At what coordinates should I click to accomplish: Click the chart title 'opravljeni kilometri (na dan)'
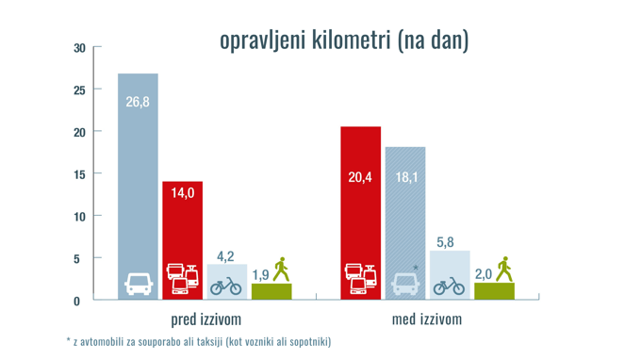click(343, 41)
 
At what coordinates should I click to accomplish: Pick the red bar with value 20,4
click(361, 207)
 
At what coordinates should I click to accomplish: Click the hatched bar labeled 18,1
click(405, 217)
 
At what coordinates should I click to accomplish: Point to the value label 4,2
click(226, 255)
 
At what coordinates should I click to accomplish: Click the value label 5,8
click(450, 242)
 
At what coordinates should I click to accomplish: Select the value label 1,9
click(261, 274)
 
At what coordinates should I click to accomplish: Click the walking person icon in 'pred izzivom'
click(280, 269)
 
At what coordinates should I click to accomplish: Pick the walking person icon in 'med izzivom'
click(503, 269)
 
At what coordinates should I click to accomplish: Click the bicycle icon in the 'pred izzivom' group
click(226, 285)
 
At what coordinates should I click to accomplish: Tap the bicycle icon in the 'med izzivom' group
click(450, 285)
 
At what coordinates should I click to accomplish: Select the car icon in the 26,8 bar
click(138, 284)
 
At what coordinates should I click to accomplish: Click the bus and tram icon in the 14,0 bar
click(182, 280)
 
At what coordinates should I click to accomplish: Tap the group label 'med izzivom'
click(427, 319)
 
